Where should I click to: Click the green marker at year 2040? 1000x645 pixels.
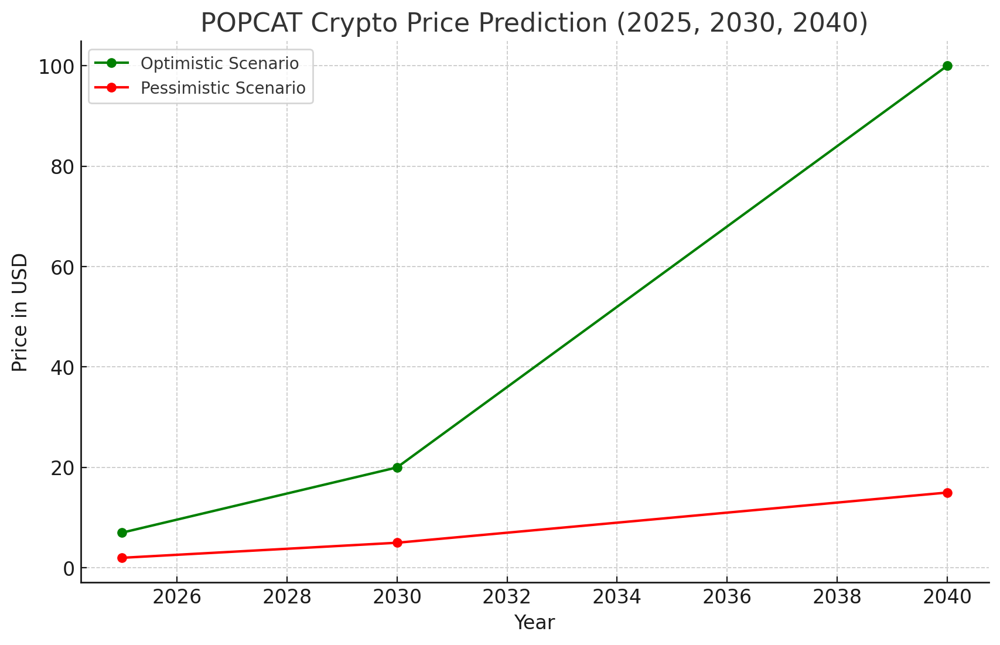click(x=947, y=66)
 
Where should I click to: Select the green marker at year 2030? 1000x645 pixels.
click(x=397, y=467)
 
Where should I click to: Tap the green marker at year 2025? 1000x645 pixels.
click(x=122, y=533)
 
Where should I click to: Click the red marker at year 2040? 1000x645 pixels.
click(x=947, y=493)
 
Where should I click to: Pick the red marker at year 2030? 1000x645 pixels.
click(x=397, y=542)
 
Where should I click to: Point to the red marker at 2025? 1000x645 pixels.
click(x=122, y=558)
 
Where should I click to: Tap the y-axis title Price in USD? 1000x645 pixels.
click(x=20, y=312)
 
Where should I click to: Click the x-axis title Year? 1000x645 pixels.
click(x=534, y=623)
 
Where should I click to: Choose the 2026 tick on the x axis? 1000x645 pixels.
click(x=177, y=598)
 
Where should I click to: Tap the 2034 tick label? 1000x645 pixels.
click(x=616, y=598)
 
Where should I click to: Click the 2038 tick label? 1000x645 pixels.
click(x=837, y=598)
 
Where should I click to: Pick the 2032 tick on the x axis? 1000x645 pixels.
click(x=507, y=598)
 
